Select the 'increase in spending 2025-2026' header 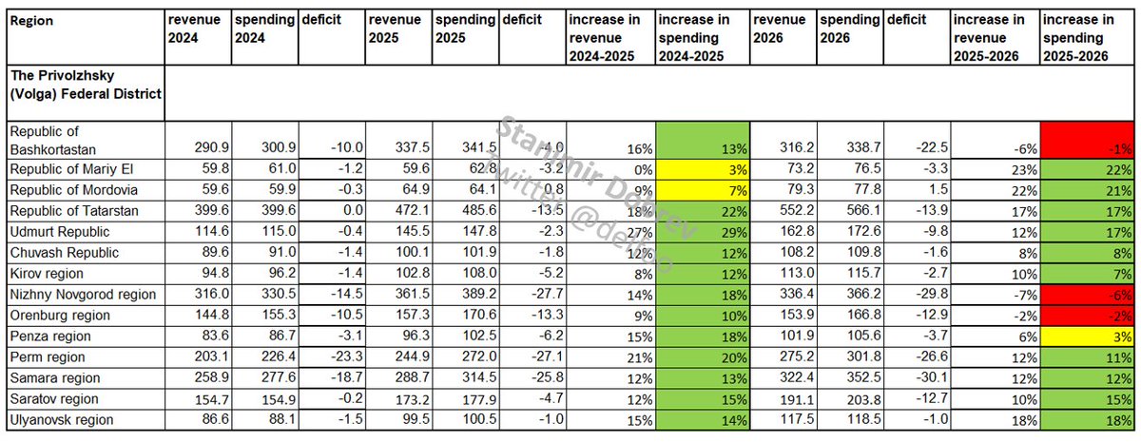[1085, 38]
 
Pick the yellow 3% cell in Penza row [1085, 336]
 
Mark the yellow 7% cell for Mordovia [702, 189]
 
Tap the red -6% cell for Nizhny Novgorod [1085, 294]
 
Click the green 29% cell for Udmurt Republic [702, 231]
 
